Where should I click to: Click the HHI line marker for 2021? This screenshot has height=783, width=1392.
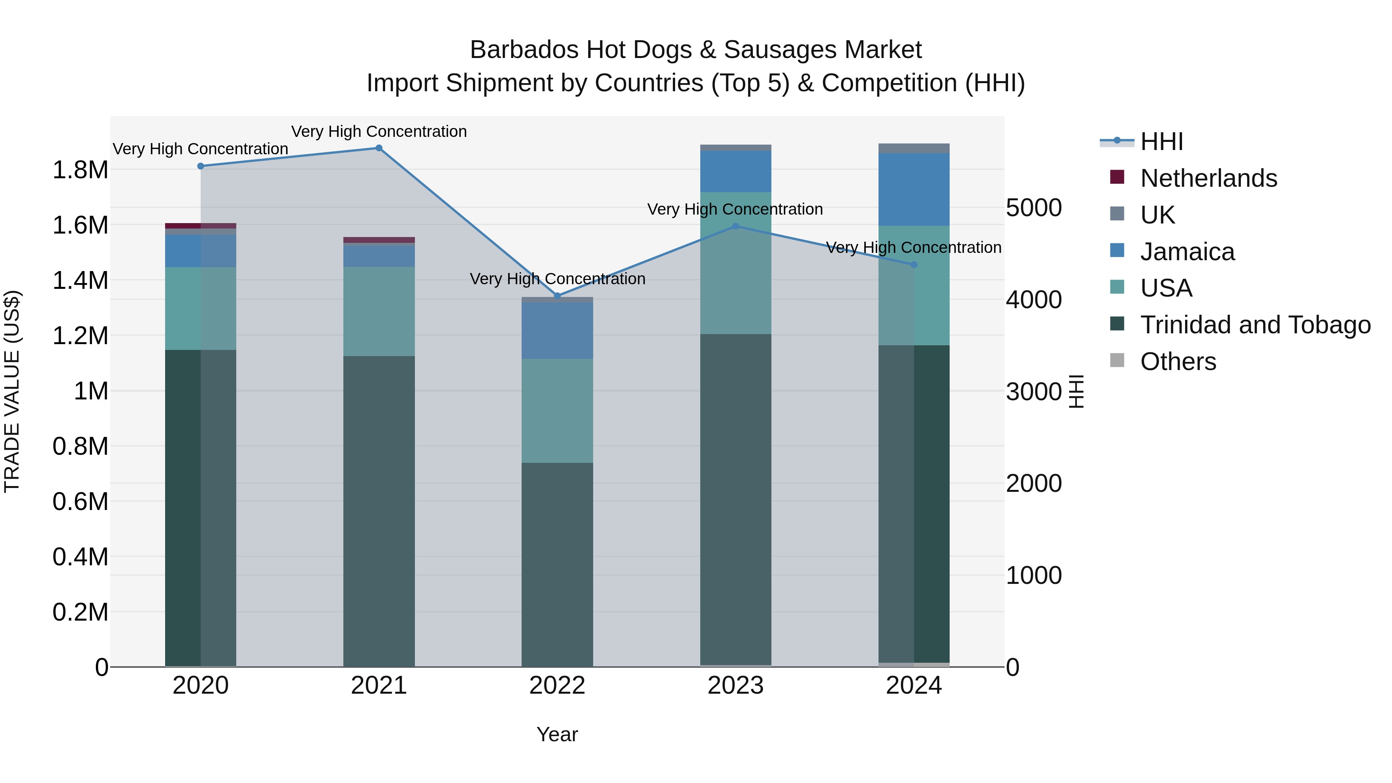[379, 148]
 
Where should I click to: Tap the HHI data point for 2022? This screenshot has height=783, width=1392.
[558, 296]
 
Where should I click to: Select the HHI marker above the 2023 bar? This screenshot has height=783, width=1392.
[735, 227]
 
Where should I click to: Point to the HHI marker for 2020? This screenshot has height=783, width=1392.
[200, 166]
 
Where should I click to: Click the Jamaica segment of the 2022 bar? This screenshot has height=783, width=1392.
[557, 331]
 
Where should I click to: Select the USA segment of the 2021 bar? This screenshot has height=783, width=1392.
[379, 311]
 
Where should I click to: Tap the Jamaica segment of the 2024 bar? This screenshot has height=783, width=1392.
[914, 189]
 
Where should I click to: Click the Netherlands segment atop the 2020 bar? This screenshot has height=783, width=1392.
[200, 226]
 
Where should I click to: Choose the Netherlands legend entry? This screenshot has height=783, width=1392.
[1208, 178]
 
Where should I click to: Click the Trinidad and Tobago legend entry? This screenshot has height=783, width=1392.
[1255, 325]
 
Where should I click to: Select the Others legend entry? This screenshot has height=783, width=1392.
[1178, 362]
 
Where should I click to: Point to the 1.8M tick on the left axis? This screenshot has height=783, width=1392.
[80, 170]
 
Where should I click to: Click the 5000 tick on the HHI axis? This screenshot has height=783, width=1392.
[1034, 208]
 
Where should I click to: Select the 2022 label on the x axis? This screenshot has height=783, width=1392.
[557, 686]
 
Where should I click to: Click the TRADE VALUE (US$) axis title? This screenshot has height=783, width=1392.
[12, 391]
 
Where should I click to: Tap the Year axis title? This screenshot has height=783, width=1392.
[557, 734]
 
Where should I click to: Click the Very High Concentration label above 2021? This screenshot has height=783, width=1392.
[379, 131]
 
